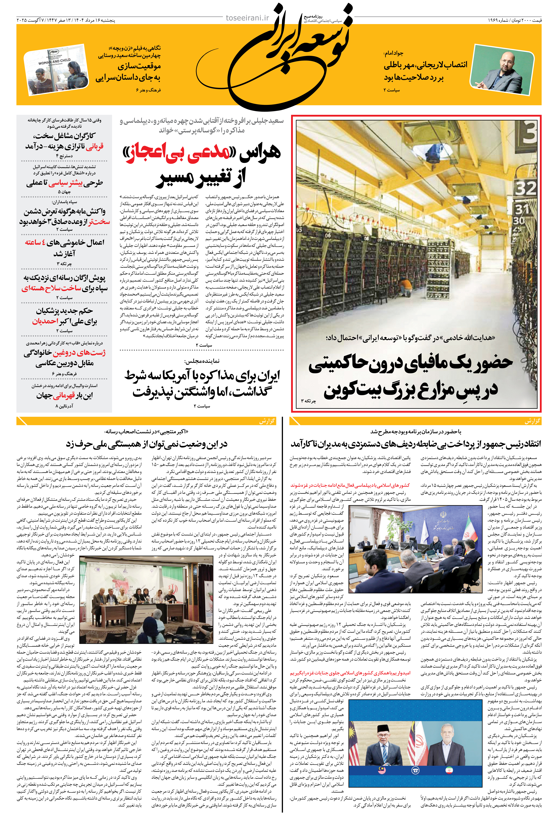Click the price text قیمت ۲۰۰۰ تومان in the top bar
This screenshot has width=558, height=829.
(x=527, y=20)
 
